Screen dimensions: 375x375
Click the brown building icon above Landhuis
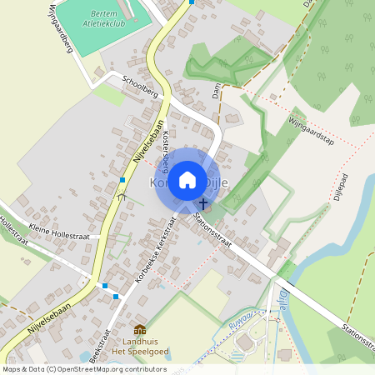click(x=139, y=331)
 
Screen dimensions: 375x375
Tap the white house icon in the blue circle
click(x=187, y=178)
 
